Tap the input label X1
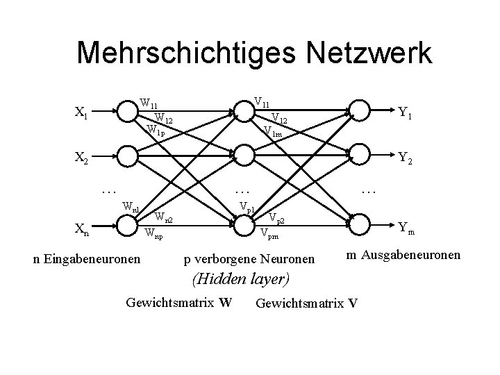point(81,112)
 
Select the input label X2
point(81,158)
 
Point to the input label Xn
point(81,227)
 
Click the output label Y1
point(406,112)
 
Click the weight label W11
point(148,104)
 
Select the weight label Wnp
point(154,235)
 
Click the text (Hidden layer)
point(241,280)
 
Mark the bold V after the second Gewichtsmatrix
point(353,303)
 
